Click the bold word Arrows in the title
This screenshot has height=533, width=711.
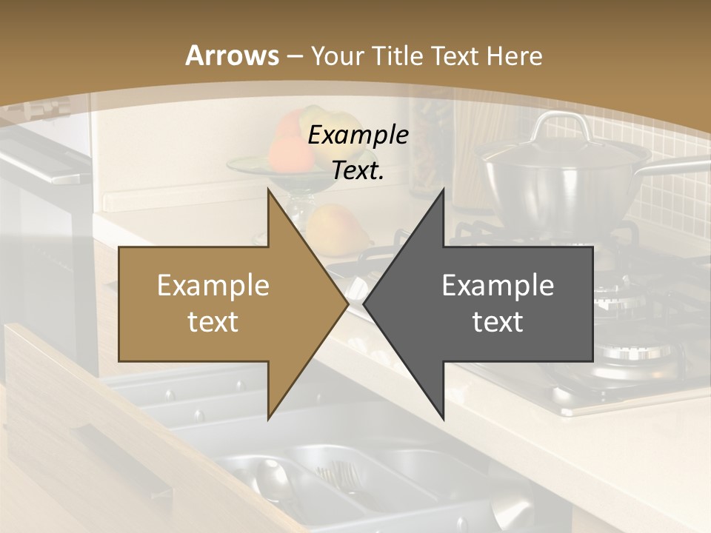click(232, 56)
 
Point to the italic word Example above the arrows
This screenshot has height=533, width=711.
click(358, 135)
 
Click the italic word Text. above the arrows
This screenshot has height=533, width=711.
click(358, 171)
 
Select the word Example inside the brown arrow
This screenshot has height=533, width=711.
click(213, 285)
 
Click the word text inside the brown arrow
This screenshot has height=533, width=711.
click(213, 321)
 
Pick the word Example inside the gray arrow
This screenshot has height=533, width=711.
click(498, 285)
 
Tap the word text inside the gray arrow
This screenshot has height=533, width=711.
click(498, 321)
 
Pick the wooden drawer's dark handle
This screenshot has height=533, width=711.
click(126, 459)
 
